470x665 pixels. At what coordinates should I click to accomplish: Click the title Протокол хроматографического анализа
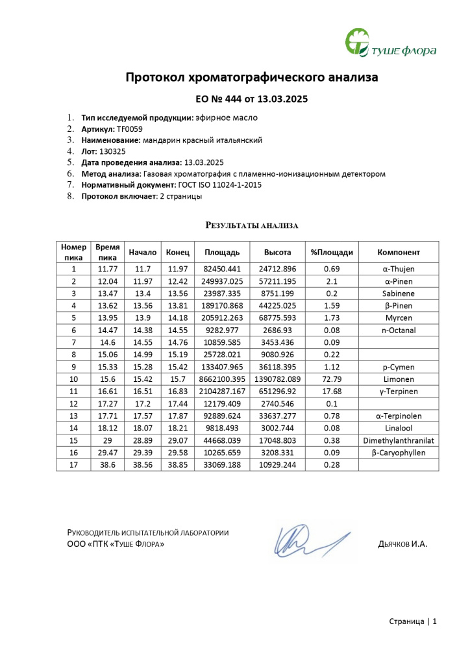251,78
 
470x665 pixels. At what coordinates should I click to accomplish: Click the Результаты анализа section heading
252,225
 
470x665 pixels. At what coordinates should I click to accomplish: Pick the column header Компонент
399,252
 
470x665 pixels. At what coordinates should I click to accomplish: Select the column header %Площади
332,252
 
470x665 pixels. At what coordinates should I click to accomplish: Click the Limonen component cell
399,379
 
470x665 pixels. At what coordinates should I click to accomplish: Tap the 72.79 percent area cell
332,379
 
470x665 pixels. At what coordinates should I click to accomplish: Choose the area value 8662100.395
223,379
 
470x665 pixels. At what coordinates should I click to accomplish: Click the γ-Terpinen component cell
399,392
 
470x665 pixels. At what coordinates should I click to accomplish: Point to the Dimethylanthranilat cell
399,441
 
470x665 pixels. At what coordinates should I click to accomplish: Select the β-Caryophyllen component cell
399,453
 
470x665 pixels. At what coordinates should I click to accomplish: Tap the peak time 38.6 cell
107,465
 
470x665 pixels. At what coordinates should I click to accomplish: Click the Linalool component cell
399,429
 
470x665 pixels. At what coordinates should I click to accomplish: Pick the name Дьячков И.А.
402,544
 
